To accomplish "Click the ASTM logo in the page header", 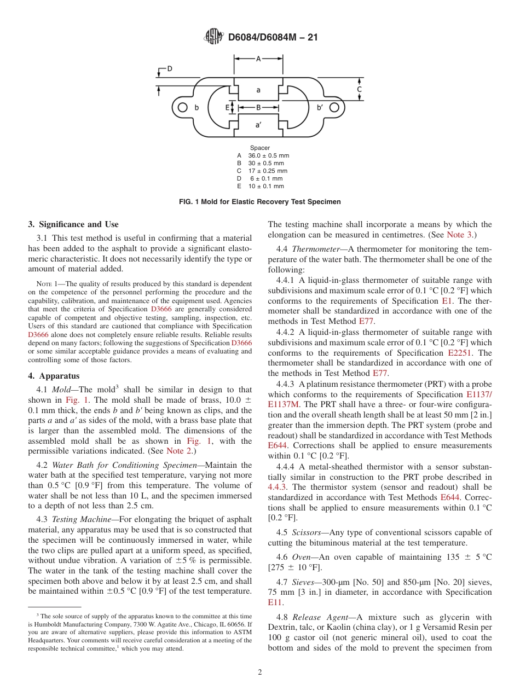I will (213, 37).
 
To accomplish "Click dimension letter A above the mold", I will (258, 59).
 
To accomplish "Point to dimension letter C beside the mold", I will (360, 89).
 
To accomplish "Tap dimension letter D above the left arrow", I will (170, 69).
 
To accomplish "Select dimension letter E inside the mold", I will (227, 108).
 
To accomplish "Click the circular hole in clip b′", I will (335, 108).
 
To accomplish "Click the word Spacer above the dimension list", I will (260, 148).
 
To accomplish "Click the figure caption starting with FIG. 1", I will (260, 202).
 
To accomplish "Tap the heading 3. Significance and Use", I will (73, 224).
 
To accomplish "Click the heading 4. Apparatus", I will (54, 376).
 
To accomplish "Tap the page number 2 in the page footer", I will (260, 672).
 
